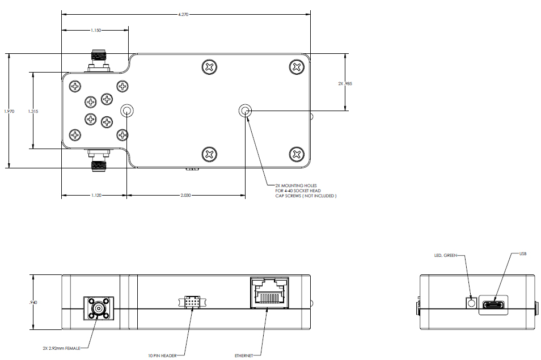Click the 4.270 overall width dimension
(x=183, y=15)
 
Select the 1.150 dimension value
(x=96, y=31)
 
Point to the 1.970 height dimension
(x=9, y=111)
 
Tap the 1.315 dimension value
(x=33, y=111)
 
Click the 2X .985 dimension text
(x=345, y=83)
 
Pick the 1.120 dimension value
(x=96, y=196)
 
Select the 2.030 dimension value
(x=185, y=196)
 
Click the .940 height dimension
(x=33, y=302)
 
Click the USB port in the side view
(x=493, y=305)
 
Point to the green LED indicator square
(x=471, y=303)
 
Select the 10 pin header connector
(x=192, y=302)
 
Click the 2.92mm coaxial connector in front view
(x=98, y=308)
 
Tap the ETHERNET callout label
(x=244, y=355)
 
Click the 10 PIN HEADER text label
(x=162, y=355)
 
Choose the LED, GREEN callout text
(x=445, y=256)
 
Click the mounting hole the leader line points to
(x=246, y=111)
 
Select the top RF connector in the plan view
(x=99, y=61)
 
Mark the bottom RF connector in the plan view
(x=99, y=160)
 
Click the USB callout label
(x=523, y=254)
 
